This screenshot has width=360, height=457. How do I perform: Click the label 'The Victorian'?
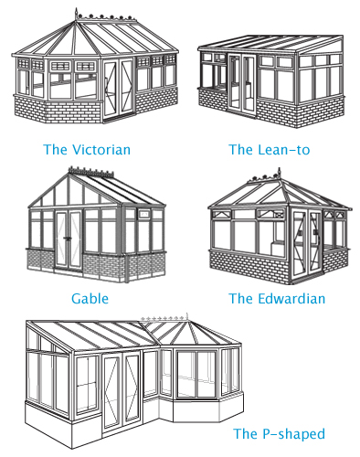(87, 148)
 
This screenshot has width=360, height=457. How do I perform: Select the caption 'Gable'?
(90, 298)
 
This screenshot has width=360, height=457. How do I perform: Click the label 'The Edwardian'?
(277, 298)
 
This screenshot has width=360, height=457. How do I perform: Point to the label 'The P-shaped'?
(279, 433)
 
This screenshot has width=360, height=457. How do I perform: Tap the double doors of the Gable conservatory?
(70, 240)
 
